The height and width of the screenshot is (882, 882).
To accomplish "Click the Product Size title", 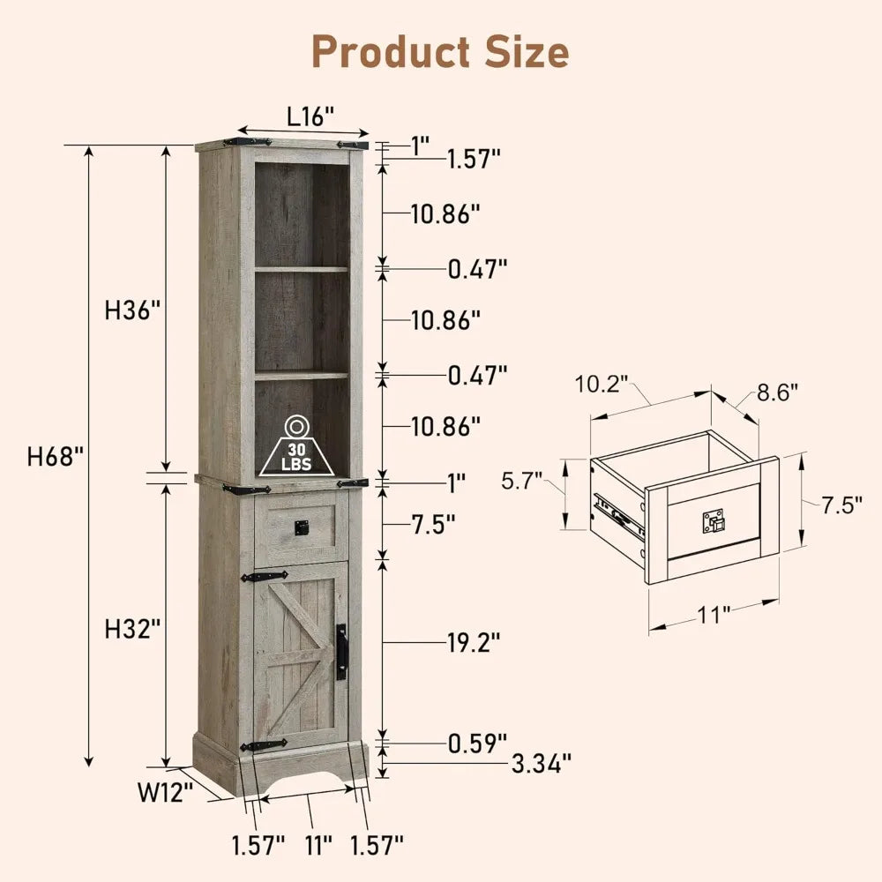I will pos(440,52).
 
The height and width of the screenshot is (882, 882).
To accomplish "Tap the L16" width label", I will pos(310,116).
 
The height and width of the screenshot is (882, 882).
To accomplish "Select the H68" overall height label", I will pos(56,456).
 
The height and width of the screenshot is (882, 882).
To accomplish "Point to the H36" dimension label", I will pos(132,310).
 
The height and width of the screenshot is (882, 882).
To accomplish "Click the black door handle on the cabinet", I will pos(342,652).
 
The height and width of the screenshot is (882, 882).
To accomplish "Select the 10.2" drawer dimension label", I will pos(602,385).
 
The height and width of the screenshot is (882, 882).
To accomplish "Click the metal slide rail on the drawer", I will pos(617,516).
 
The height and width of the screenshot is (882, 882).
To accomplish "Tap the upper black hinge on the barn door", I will pos(265,578).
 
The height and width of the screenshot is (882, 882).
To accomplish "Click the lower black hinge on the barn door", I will pos(264,745).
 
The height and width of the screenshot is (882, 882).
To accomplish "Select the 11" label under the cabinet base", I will pos(318,844).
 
